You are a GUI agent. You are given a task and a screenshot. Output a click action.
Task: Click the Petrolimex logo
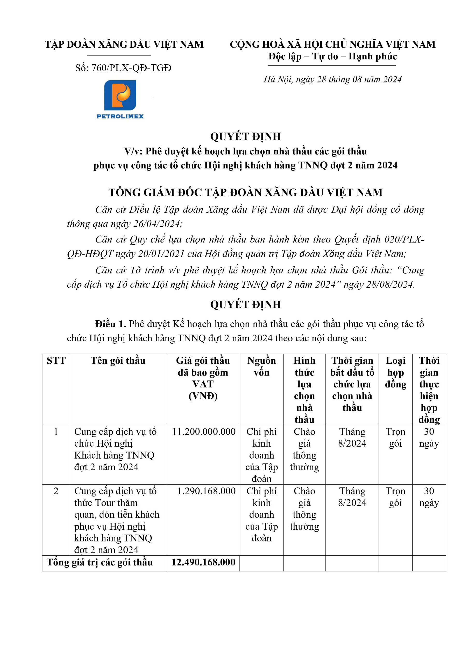point(120,99)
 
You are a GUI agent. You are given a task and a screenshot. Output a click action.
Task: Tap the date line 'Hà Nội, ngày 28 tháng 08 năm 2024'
point(332,80)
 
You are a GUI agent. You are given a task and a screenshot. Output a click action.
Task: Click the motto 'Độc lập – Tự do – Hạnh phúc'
point(332,56)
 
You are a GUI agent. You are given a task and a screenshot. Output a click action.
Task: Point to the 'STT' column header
point(56,361)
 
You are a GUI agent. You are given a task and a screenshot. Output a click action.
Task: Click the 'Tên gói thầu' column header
point(118,361)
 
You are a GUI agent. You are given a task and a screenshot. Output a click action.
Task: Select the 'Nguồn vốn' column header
point(261,366)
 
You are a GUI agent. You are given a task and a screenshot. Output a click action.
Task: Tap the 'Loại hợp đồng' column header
point(395,372)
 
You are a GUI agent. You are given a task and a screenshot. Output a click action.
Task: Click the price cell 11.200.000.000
point(204,432)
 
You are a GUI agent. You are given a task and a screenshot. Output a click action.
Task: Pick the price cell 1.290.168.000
point(206,491)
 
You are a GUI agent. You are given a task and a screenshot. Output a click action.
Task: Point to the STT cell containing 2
point(56,491)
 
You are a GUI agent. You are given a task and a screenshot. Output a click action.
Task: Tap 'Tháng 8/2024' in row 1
point(352,438)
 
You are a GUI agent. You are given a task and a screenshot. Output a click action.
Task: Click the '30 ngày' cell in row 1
point(429,438)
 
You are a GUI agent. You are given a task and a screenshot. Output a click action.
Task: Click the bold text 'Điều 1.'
point(111,324)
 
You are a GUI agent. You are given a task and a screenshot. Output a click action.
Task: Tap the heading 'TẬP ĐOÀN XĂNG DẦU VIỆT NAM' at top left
point(124,45)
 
